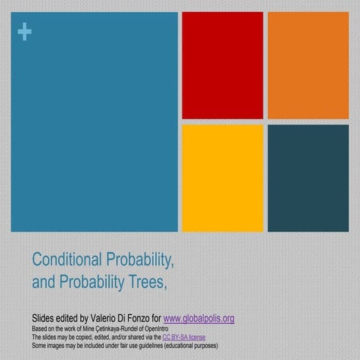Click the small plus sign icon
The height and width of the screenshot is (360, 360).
point(25,32)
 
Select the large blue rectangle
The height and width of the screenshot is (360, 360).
point(94,121)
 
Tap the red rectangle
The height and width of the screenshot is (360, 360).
point(222,65)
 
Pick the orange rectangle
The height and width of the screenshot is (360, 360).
point(307,65)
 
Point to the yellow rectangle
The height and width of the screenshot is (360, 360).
point(222,178)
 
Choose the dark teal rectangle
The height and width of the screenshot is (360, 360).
point(307,178)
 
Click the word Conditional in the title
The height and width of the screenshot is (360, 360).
point(68,260)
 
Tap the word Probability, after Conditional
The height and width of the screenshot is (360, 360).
point(142,260)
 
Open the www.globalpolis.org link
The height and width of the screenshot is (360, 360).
point(198,318)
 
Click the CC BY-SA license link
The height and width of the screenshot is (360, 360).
point(184,337)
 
